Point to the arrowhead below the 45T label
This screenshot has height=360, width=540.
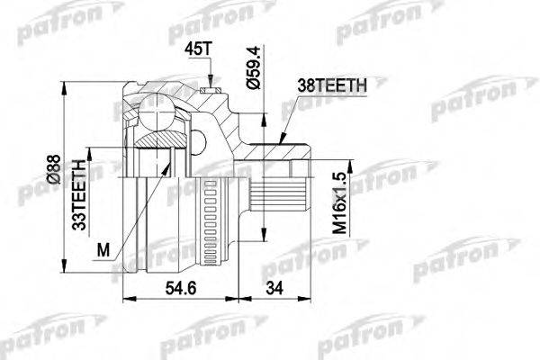(x=211, y=82)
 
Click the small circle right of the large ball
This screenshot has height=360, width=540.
(x=198, y=138)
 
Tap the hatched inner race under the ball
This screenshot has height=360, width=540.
(x=159, y=141)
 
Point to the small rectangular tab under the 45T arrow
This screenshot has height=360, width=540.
(x=212, y=89)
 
